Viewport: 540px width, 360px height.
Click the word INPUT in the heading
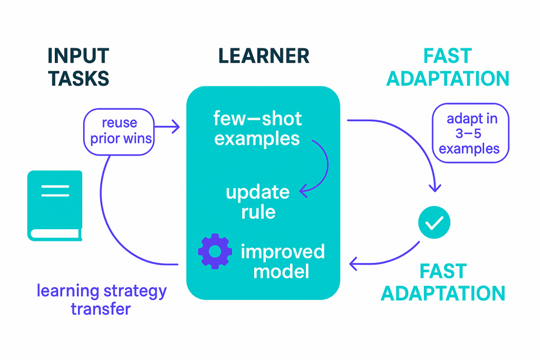tap(78, 56)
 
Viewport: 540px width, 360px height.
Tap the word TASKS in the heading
tap(79, 78)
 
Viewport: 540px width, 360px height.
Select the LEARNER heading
tap(264, 56)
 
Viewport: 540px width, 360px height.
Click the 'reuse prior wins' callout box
tap(119, 131)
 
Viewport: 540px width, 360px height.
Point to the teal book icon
tap(55, 206)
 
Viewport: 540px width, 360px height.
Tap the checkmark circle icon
tap(434, 222)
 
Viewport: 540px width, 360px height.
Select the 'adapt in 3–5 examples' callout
tap(470, 133)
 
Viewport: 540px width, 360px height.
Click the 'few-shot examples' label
tap(257, 128)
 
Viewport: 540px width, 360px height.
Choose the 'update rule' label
tap(257, 202)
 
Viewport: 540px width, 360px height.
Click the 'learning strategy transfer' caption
tap(101, 299)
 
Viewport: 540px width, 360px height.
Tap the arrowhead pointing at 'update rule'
tap(303, 191)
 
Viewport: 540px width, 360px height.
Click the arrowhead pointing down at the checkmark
tap(435, 188)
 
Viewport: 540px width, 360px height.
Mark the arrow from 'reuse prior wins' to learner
tap(167, 126)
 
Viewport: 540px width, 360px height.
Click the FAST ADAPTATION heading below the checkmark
tap(443, 282)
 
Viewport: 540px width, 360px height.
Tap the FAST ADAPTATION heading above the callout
tap(448, 67)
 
